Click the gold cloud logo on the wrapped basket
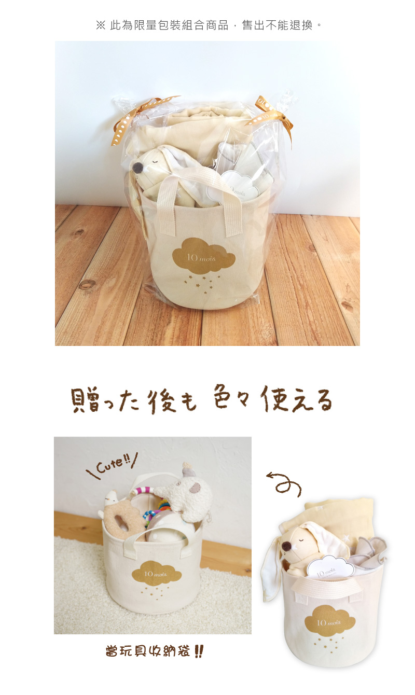tap(204, 254)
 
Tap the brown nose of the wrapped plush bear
tap(136, 168)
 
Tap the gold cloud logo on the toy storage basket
tap(157, 572)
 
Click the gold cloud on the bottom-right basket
tap(329, 618)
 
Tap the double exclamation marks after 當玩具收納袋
tap(198, 651)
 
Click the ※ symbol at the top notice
tap(101, 25)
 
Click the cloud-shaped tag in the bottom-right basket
tap(330, 566)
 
